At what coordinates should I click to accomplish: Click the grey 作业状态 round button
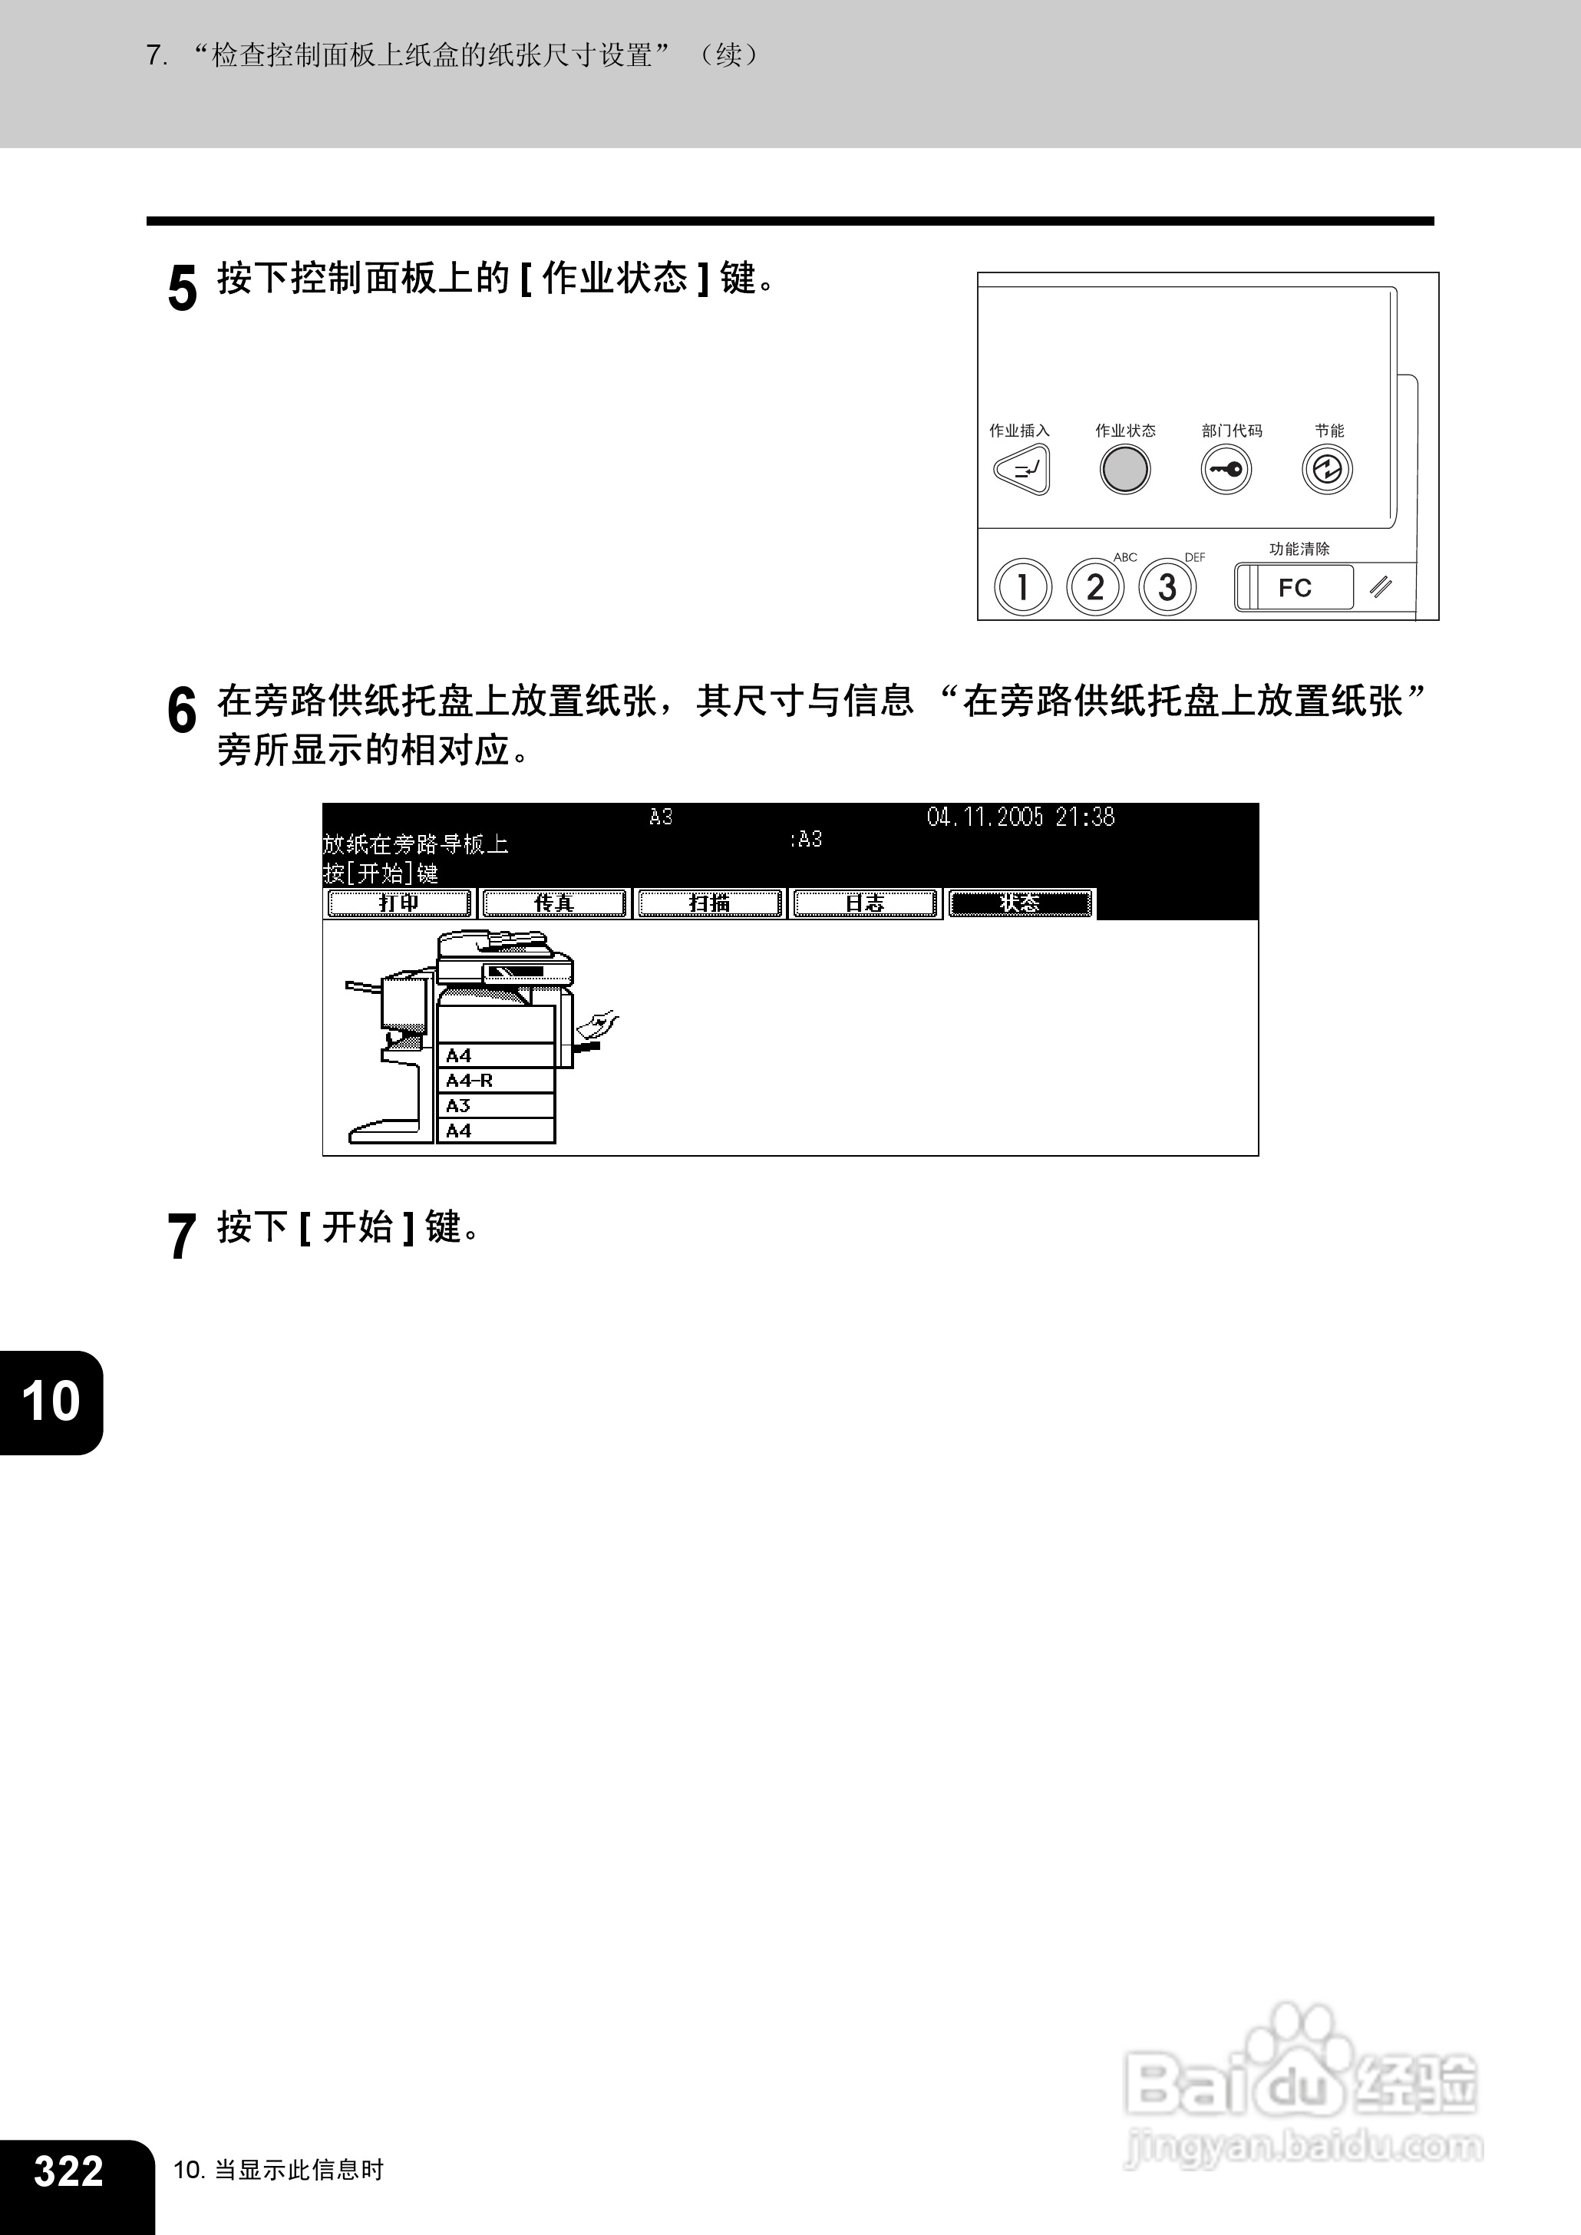[1124, 470]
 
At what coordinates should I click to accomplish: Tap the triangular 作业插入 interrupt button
[1022, 470]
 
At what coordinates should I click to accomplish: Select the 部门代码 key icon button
[1226, 470]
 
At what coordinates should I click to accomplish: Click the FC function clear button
[1295, 588]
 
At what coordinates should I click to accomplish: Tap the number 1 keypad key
[1022, 587]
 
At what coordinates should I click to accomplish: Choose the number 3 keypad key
[1167, 587]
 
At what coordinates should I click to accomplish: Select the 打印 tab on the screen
[399, 903]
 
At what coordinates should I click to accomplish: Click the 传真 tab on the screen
[554, 903]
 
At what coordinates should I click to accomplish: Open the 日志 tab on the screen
[863, 903]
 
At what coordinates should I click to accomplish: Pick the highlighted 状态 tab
[1019, 903]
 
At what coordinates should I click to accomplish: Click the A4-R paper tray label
[470, 1081]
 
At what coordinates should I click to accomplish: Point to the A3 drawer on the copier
[496, 1106]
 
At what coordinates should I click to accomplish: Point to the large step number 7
[182, 1236]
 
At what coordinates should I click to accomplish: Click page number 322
[68, 2170]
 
